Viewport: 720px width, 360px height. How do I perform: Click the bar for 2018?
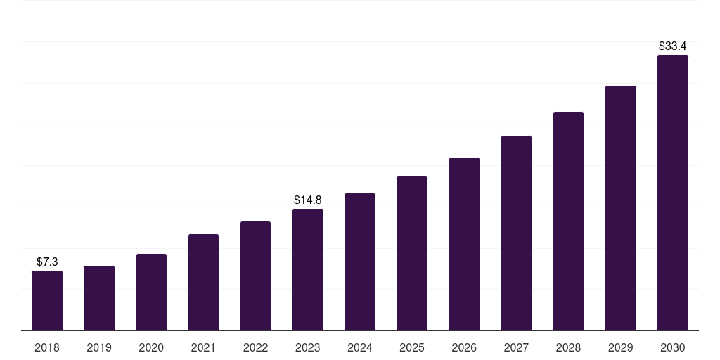pyautogui.click(x=47, y=301)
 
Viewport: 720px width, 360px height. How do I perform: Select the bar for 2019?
pyautogui.click(x=99, y=298)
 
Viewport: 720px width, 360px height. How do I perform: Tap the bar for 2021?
pyautogui.click(x=203, y=283)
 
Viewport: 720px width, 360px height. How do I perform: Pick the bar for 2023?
pyautogui.click(x=308, y=270)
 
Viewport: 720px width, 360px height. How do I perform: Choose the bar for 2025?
pyautogui.click(x=412, y=253)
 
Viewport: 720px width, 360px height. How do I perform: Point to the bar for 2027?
pyautogui.click(x=516, y=233)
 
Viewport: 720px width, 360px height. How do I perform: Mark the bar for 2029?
pyautogui.click(x=621, y=208)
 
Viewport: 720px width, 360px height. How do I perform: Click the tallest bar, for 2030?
pyautogui.click(x=673, y=193)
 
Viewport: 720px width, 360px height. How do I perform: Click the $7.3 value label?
pyautogui.click(x=47, y=262)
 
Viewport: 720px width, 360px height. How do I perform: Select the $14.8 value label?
pyautogui.click(x=308, y=200)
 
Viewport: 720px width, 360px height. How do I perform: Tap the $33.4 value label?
pyautogui.click(x=673, y=46)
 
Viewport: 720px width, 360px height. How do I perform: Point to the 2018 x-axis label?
pyautogui.click(x=47, y=347)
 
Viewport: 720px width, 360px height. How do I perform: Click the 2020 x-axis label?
pyautogui.click(x=151, y=347)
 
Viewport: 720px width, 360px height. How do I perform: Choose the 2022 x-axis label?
pyautogui.click(x=255, y=347)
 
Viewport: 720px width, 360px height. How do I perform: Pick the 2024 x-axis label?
pyautogui.click(x=359, y=347)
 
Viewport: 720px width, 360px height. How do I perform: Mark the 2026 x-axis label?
pyautogui.click(x=464, y=347)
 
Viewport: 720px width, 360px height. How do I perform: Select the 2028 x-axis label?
pyautogui.click(x=568, y=347)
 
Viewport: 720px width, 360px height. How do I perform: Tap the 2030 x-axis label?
pyautogui.click(x=673, y=347)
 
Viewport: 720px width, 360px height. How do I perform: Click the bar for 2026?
pyautogui.click(x=464, y=244)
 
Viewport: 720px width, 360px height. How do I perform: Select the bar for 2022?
pyautogui.click(x=255, y=276)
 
